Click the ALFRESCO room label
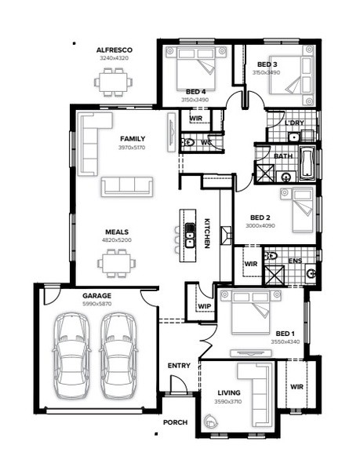(114, 50)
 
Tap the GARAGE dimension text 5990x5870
(97, 304)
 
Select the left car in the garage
(71, 356)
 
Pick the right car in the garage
(118, 356)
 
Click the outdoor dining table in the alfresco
(113, 82)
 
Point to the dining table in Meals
(116, 263)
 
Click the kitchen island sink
(190, 235)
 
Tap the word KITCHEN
(207, 233)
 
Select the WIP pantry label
(204, 306)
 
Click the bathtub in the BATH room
(307, 163)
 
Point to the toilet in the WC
(187, 142)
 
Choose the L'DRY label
(294, 122)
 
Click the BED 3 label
(267, 64)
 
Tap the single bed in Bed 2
(302, 210)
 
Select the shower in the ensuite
(275, 276)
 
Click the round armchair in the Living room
(211, 421)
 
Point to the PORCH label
(175, 422)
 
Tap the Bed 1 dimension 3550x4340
(285, 341)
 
